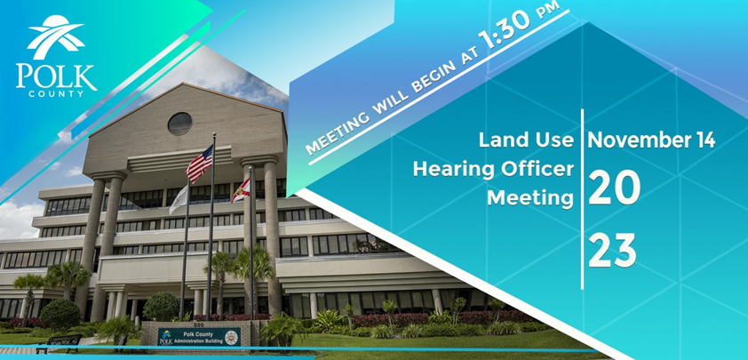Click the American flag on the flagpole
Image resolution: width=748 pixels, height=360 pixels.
(x=199, y=164)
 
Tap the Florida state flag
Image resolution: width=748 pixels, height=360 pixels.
(x=241, y=190)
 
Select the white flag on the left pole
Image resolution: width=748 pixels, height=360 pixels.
(x=179, y=199)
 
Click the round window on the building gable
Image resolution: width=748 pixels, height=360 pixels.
(x=179, y=124)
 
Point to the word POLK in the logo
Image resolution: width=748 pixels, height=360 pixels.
(x=56, y=76)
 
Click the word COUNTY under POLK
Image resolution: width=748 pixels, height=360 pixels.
(x=56, y=94)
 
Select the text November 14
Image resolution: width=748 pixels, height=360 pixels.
(x=651, y=140)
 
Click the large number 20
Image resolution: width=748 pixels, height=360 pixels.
(x=614, y=188)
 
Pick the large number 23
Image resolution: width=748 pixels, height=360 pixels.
(x=612, y=251)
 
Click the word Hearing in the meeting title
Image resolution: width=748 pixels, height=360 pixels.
(x=449, y=171)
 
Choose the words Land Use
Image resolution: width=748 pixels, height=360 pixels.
(x=526, y=140)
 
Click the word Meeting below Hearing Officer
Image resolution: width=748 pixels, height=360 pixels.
(x=530, y=198)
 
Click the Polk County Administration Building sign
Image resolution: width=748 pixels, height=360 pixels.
(x=199, y=336)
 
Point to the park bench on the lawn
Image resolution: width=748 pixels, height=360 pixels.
(x=59, y=343)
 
